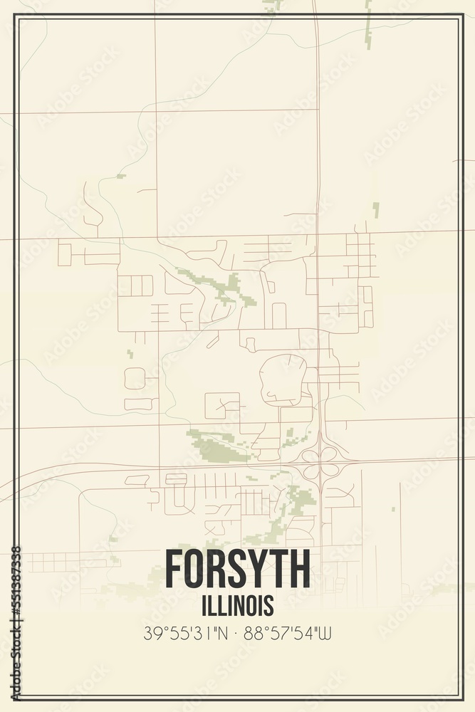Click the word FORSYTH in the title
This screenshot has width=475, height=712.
coord(237,568)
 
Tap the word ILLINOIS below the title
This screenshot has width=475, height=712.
coord(237,606)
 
